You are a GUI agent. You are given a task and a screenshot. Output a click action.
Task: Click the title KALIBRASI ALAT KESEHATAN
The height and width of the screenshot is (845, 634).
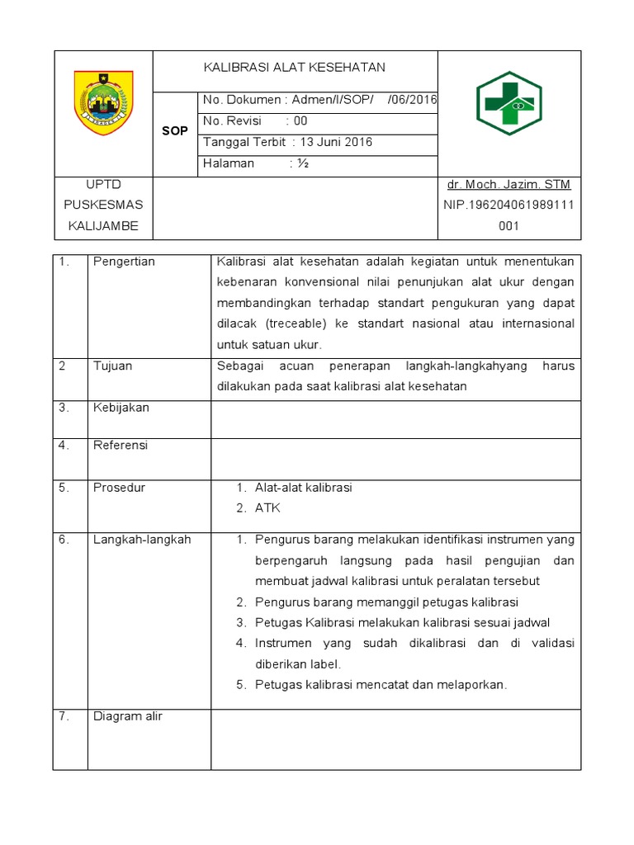pos(295,67)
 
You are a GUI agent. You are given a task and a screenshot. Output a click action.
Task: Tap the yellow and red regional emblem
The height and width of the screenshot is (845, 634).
pos(103,102)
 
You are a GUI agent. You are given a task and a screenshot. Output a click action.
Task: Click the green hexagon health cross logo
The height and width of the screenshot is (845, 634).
pos(509,103)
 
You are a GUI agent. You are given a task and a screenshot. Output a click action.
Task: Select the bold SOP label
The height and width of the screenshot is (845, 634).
pos(175,131)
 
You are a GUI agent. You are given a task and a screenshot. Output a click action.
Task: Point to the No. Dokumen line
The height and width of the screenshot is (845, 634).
pos(319,100)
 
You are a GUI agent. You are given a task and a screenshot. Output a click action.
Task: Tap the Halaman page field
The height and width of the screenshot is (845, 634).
pos(256,163)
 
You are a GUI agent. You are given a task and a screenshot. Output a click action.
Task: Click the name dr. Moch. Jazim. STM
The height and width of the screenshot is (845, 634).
pos(509,184)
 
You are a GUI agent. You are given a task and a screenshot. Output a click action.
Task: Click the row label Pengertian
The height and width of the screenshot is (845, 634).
pos(124,262)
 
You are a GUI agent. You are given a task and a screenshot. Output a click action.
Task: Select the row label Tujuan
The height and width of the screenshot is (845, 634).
pos(112,366)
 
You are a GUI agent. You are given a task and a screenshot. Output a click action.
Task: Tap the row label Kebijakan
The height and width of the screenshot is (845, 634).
pos(121,408)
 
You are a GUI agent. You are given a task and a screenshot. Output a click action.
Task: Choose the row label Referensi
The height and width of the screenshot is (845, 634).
pos(120,446)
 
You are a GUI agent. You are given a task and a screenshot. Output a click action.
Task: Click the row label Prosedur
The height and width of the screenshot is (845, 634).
pos(119,488)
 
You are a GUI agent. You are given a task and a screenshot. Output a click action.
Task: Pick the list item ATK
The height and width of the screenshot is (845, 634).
pos(267,508)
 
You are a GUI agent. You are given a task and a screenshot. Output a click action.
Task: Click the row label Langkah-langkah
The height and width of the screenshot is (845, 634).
pos(141,540)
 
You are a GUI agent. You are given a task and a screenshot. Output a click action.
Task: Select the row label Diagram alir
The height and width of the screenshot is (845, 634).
pos(127,716)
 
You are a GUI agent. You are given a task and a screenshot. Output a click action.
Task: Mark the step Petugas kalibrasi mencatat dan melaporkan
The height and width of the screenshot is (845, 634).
pos(381,684)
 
